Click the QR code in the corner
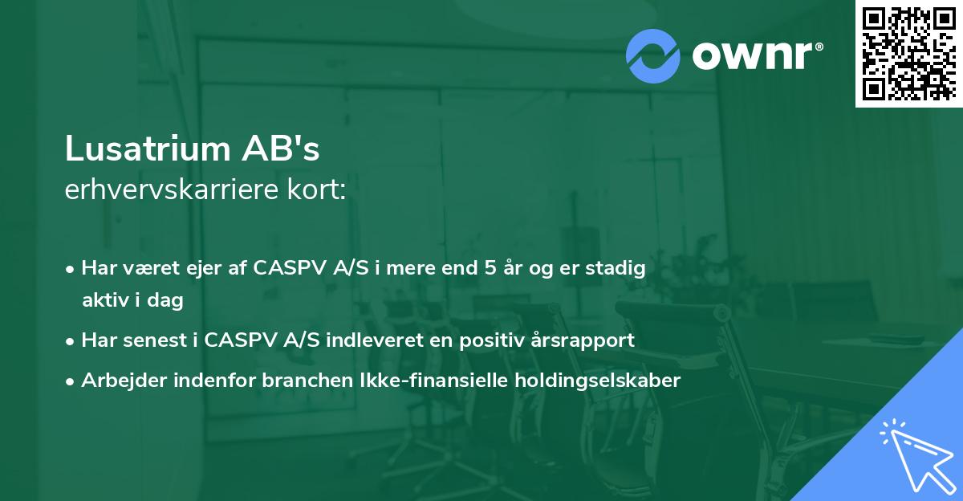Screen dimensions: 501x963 tap(908, 53)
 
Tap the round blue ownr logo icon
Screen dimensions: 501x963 tap(653, 55)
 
